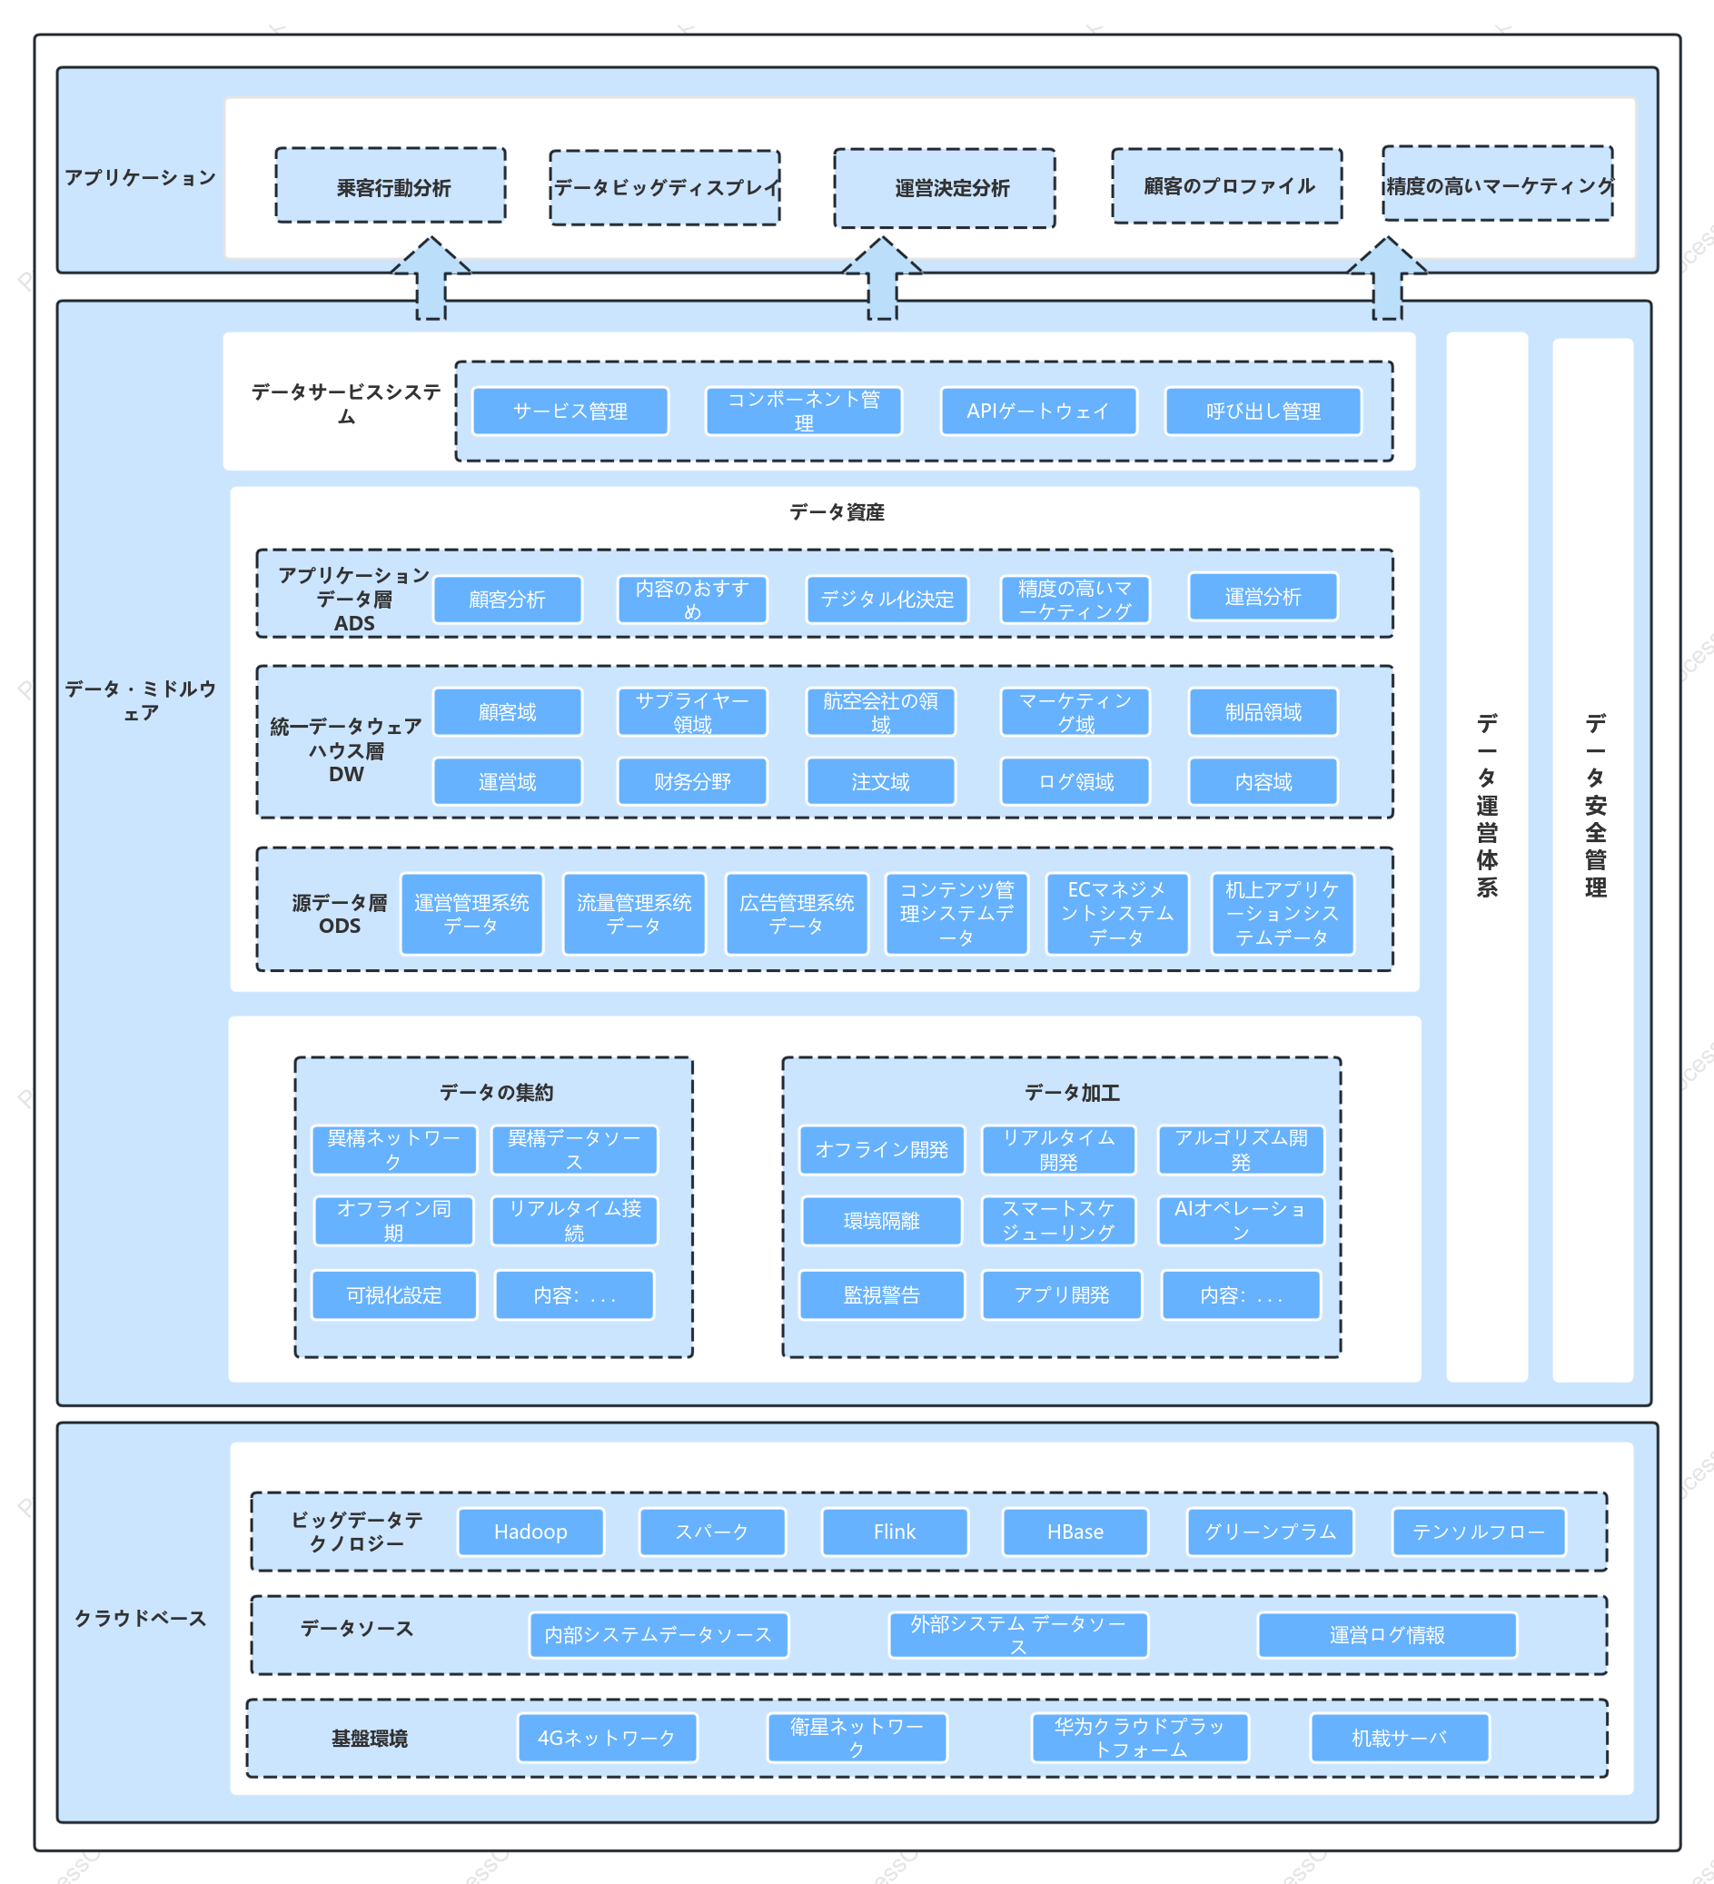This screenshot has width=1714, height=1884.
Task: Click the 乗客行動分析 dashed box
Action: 390,186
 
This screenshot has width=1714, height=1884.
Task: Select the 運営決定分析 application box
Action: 944,188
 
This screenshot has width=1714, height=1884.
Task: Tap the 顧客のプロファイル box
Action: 1226,186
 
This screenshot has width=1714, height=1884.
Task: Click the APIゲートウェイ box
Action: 1037,412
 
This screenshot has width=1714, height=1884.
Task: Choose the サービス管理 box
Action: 570,412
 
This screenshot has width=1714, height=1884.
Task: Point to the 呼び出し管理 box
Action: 1263,412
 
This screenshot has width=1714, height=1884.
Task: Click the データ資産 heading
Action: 837,512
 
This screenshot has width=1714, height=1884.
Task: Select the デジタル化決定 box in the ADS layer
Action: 887,599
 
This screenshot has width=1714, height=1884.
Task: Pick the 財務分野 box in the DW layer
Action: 691,781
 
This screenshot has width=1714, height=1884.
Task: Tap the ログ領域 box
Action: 1075,781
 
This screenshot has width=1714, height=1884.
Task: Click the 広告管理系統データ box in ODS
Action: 797,914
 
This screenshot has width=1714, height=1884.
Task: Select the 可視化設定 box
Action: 393,1294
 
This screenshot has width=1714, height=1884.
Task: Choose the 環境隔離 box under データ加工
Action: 881,1221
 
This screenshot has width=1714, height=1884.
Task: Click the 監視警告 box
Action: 881,1294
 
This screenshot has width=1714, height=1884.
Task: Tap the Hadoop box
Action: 530,1532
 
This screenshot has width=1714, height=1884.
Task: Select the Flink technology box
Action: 895,1532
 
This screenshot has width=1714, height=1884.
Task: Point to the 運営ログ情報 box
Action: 1387,1634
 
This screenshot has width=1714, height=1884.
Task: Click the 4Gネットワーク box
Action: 607,1737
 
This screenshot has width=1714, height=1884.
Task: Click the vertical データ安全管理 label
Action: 1594,805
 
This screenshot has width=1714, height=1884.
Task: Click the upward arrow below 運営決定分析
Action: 881,278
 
